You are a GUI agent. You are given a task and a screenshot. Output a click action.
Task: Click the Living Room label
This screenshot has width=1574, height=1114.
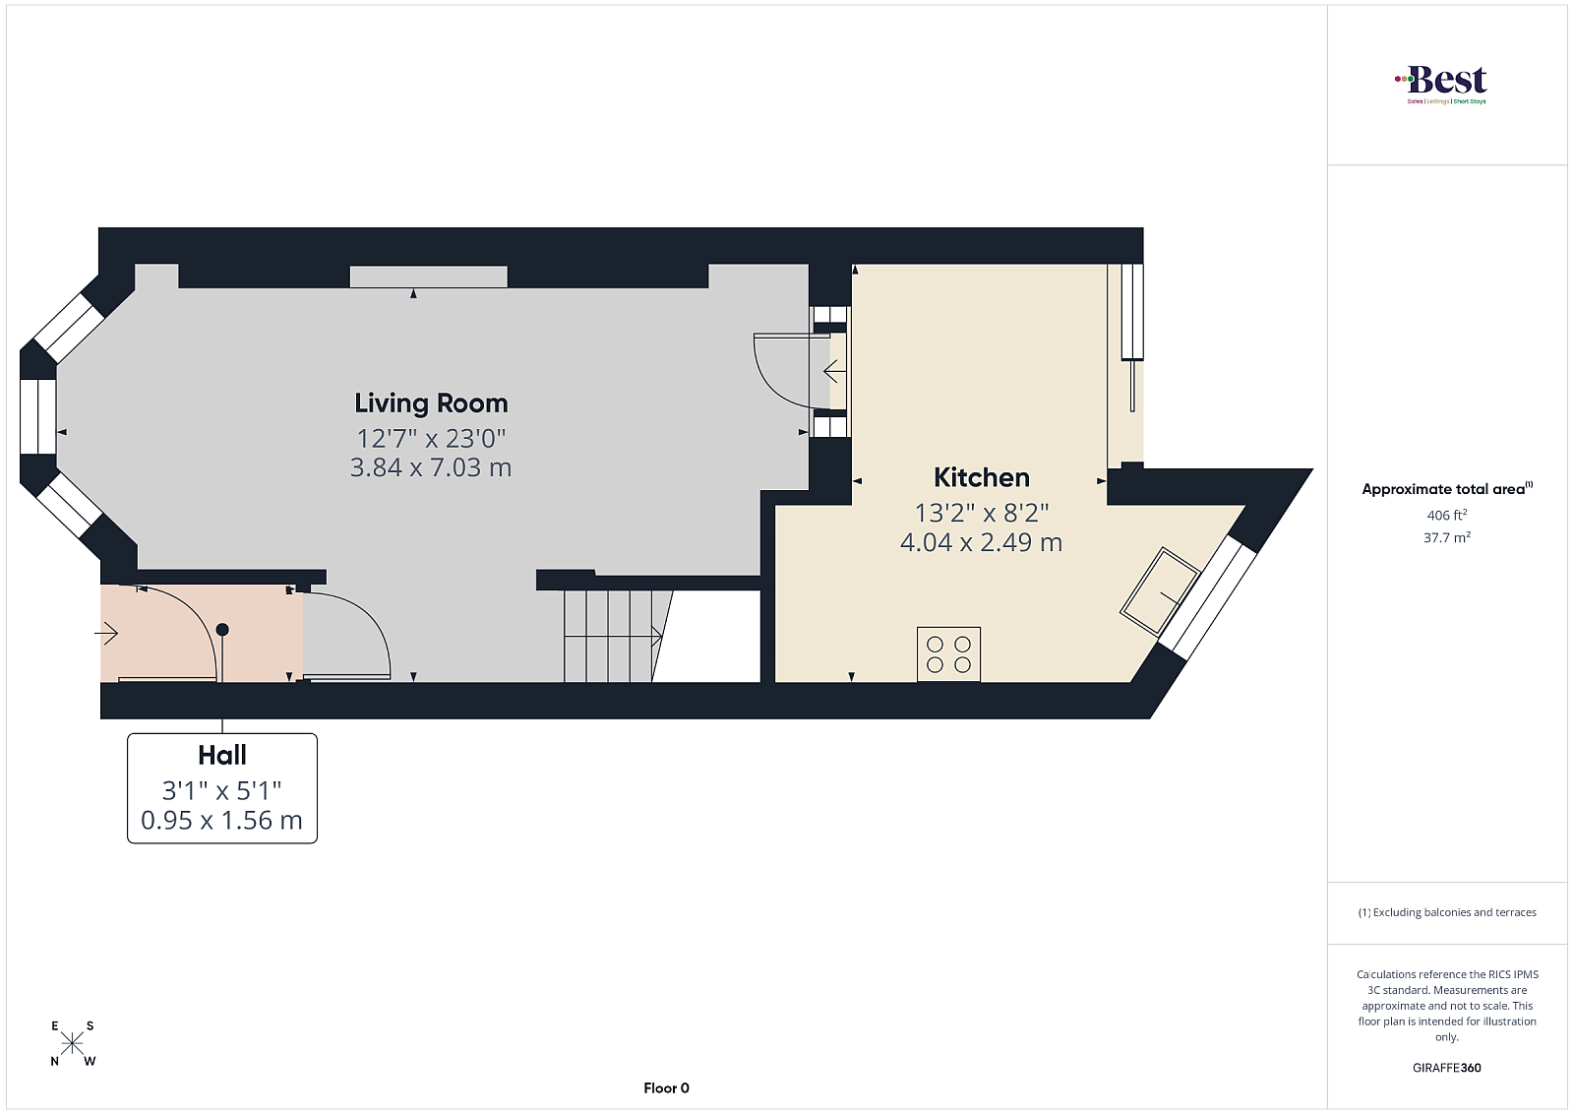(431, 403)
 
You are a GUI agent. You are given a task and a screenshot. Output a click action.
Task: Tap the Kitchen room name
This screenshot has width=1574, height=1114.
(982, 478)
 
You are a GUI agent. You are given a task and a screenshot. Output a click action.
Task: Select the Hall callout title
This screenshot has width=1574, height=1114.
(222, 756)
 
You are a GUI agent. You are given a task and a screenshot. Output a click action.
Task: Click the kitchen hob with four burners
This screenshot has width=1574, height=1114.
(948, 654)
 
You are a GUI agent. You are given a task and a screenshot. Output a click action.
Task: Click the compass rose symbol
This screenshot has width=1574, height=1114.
(73, 1044)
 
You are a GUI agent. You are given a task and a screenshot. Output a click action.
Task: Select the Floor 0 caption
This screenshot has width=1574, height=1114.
(666, 1088)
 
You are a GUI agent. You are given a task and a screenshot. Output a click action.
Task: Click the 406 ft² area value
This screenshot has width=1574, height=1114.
(1447, 516)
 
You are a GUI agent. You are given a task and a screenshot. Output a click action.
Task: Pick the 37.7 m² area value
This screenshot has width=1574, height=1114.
(1447, 537)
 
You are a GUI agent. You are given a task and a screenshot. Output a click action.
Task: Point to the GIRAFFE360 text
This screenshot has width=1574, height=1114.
(1447, 1068)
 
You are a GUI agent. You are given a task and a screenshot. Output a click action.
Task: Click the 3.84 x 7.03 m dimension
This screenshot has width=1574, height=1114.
(431, 467)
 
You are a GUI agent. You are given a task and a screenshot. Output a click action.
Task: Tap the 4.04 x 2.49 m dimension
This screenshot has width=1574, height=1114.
(982, 542)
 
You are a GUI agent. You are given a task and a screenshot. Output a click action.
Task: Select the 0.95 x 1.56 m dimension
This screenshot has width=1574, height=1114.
(222, 820)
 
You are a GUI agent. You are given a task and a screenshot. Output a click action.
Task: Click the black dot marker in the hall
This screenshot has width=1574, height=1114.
(222, 630)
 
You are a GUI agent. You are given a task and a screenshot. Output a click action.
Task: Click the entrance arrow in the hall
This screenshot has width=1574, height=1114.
(106, 634)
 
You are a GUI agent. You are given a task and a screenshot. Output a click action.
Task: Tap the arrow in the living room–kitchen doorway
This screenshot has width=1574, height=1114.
(835, 370)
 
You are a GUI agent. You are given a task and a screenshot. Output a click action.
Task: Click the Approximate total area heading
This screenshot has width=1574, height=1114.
(1447, 488)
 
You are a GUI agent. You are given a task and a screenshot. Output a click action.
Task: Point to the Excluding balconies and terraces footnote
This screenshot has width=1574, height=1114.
(1447, 912)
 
